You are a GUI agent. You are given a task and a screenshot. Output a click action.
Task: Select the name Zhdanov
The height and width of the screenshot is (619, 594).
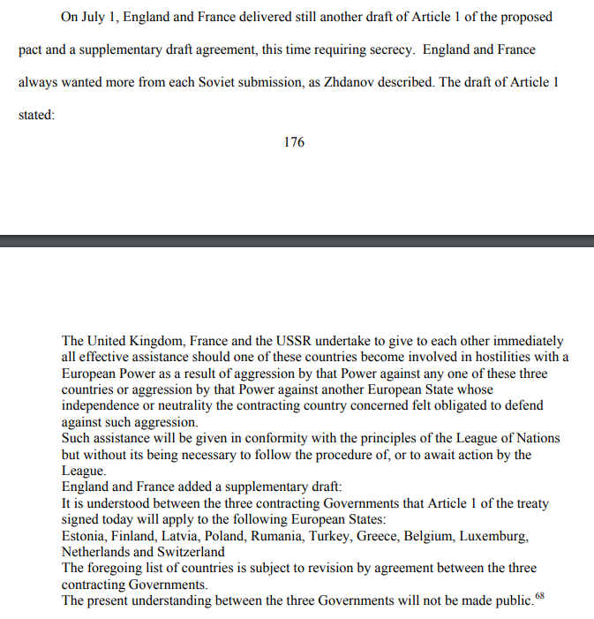[x=364, y=82]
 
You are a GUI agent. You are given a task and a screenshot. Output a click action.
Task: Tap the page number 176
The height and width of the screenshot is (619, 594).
[x=294, y=142]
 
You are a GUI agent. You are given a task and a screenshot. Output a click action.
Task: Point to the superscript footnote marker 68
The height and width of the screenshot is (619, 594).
[x=540, y=598]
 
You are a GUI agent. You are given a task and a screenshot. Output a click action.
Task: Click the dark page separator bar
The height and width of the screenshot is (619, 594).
[x=297, y=240]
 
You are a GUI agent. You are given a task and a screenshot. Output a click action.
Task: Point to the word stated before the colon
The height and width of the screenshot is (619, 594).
[x=35, y=115]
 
